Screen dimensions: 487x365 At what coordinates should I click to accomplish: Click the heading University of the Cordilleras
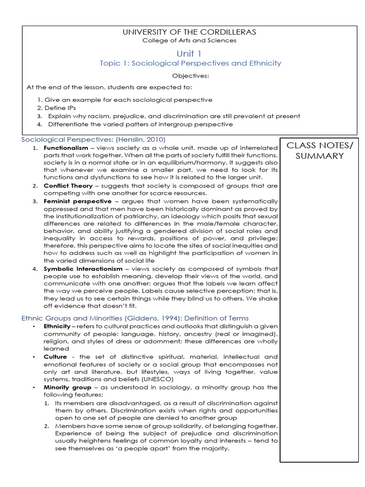[190, 32]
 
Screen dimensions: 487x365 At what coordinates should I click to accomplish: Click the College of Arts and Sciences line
[190, 40]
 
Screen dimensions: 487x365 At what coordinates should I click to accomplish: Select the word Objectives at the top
[190, 75]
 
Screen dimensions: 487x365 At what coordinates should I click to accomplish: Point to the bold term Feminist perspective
[71, 201]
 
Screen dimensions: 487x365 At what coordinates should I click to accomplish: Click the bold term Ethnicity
[57, 327]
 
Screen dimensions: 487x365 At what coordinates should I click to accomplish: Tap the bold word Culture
[55, 356]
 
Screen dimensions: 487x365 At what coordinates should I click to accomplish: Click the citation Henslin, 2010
[140, 139]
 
